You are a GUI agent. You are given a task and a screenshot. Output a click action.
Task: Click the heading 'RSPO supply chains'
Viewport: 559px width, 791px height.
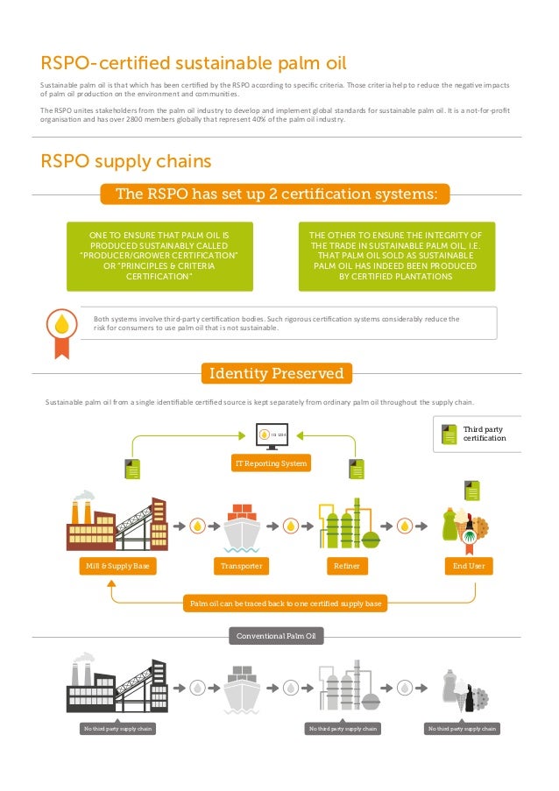[126, 162]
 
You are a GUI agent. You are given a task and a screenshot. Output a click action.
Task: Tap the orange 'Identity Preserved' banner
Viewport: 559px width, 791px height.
[277, 374]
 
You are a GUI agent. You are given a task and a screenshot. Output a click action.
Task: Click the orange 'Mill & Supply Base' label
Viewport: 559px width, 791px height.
[117, 567]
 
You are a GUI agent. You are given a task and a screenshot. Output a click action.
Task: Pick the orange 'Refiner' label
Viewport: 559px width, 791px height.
[347, 567]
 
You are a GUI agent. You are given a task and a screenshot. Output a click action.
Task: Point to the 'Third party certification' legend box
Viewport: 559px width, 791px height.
[478, 433]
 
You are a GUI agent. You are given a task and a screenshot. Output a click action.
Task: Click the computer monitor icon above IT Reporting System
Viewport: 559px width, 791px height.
[266, 435]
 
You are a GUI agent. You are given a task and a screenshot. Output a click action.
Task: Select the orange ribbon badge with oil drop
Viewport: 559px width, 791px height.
[60, 330]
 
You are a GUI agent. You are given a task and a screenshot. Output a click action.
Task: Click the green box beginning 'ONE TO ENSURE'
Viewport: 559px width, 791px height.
[159, 256]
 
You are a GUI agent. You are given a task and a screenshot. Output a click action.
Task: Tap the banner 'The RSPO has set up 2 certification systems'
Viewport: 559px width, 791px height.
[276, 194]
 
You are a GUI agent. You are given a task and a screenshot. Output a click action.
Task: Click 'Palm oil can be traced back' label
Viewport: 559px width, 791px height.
[286, 604]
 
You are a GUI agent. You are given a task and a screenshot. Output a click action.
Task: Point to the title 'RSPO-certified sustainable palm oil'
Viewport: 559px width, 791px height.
[194, 62]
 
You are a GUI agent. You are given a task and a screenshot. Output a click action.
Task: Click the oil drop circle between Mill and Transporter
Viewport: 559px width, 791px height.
[199, 526]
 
